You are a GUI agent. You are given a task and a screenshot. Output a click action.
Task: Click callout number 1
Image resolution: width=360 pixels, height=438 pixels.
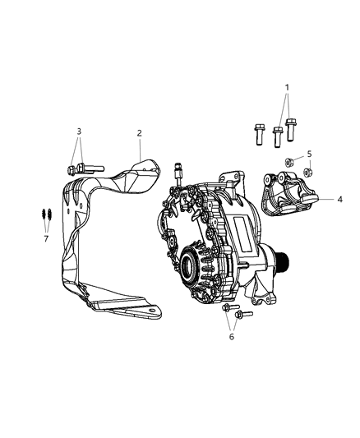click(287, 88)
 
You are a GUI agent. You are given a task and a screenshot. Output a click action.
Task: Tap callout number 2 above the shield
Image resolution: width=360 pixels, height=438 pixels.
click(140, 132)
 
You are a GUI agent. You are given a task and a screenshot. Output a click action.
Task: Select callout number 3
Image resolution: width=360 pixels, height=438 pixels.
click(79, 131)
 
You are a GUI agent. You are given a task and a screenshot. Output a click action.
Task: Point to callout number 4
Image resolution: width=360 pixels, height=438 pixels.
click(339, 199)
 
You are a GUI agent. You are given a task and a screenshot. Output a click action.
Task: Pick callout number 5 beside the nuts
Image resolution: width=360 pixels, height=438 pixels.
click(310, 154)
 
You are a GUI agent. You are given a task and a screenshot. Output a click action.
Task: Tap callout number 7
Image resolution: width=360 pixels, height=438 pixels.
click(47, 238)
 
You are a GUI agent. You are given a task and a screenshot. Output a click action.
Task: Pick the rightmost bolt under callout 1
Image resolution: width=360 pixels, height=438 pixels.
click(290, 130)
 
